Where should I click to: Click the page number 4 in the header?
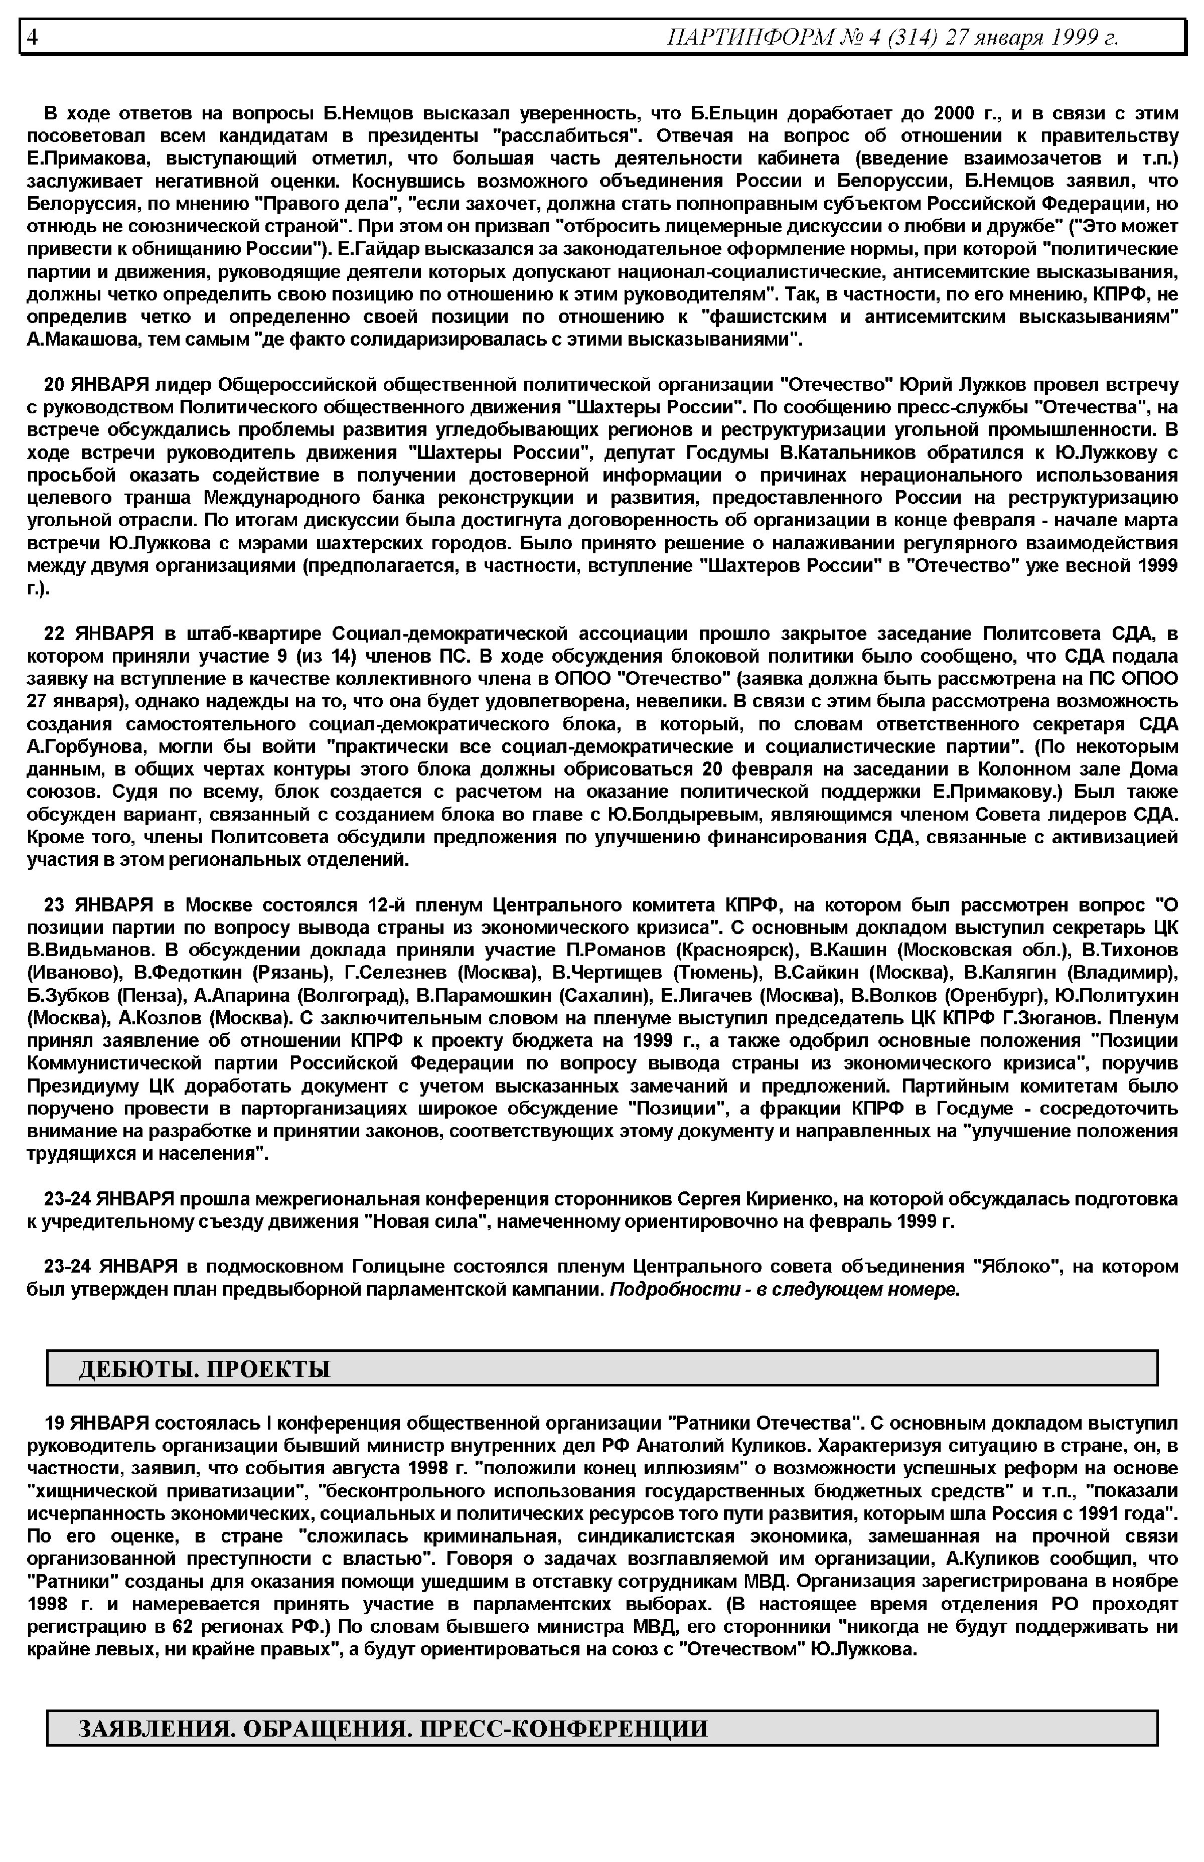(32, 37)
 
